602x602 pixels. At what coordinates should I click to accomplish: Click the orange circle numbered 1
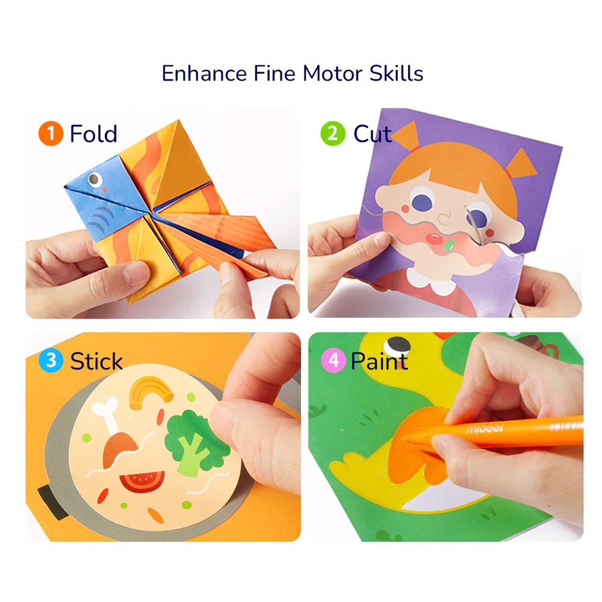51,133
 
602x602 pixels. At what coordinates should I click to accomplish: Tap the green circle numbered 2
332,133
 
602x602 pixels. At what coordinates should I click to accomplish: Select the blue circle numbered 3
51,361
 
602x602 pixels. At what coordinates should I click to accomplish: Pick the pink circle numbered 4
333,361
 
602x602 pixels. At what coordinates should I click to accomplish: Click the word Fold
93,133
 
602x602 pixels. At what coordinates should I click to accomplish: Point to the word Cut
372,133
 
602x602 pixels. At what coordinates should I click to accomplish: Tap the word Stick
96,361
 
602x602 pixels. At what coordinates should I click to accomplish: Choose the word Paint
379,361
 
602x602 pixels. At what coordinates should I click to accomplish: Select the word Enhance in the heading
204,73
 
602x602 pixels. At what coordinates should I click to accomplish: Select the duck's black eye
398,345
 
